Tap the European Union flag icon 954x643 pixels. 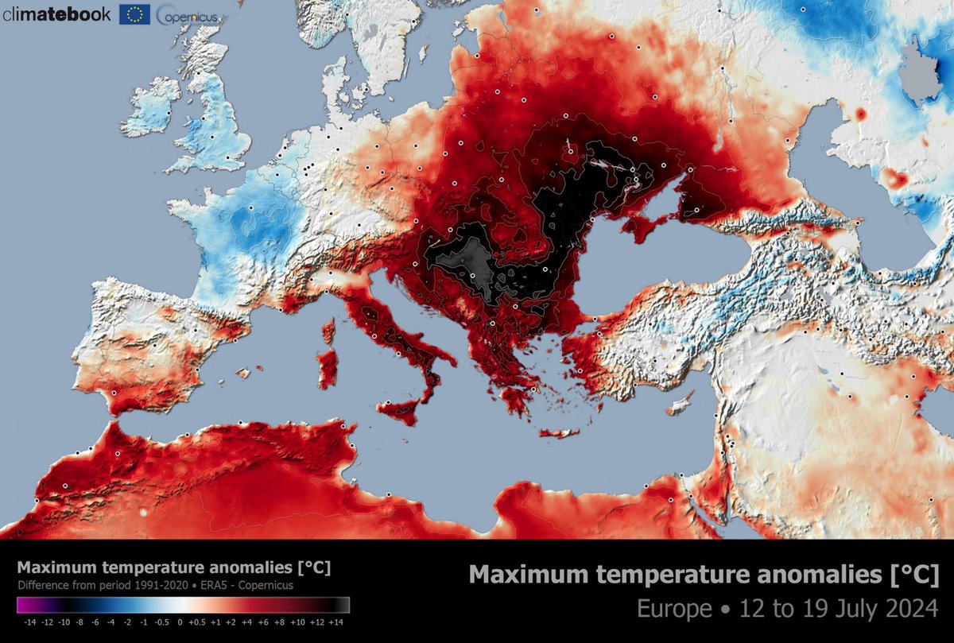point(136,14)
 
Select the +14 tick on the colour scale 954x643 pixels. point(336,622)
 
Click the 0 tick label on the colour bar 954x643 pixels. point(180,622)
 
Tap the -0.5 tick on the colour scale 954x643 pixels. point(161,622)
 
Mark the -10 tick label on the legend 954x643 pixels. point(64,622)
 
